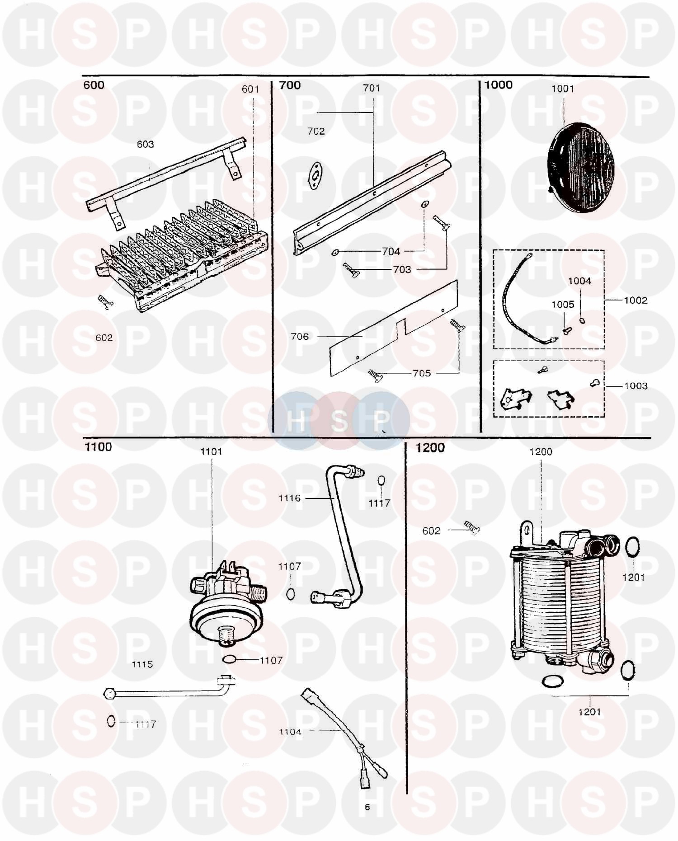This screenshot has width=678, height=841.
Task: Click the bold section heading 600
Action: (94, 85)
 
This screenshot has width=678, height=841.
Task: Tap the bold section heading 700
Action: (290, 85)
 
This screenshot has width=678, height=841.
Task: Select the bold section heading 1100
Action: (98, 447)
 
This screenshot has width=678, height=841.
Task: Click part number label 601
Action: (250, 89)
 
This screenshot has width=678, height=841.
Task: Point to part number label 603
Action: (145, 144)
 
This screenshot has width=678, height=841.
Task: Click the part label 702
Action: (316, 131)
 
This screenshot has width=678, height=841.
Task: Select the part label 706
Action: (300, 336)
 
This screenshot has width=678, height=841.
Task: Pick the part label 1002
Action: (636, 300)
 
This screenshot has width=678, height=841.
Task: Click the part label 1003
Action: (636, 386)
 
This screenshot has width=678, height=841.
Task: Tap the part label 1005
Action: (563, 304)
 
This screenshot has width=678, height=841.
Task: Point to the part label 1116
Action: (289, 498)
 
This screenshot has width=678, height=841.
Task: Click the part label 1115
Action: (142, 664)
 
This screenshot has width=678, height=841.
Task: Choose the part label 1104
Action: (290, 732)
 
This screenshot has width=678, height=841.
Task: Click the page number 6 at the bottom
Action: (367, 807)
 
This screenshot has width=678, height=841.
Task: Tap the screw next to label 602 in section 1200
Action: (471, 527)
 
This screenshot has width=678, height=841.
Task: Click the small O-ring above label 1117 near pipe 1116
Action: (381, 481)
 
